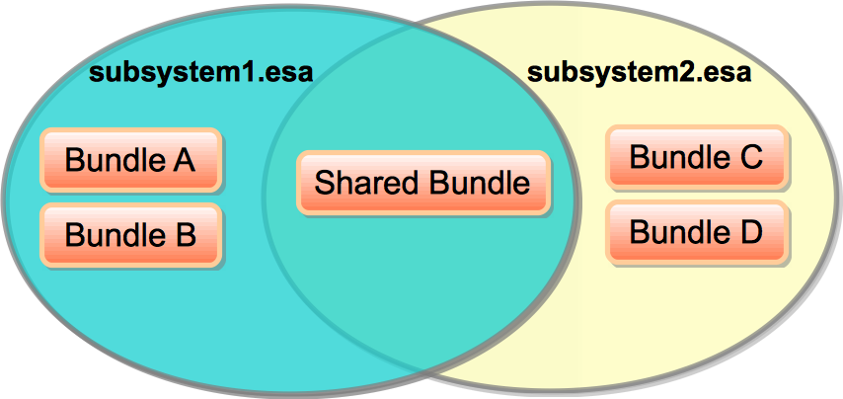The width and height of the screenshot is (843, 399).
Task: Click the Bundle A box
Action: pos(130,159)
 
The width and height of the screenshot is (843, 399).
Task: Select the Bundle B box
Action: pos(130,235)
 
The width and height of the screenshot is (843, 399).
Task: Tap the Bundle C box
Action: pos(696,157)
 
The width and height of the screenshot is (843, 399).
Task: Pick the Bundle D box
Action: pos(696,233)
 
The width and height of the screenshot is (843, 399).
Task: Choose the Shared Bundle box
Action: pos(422,183)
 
